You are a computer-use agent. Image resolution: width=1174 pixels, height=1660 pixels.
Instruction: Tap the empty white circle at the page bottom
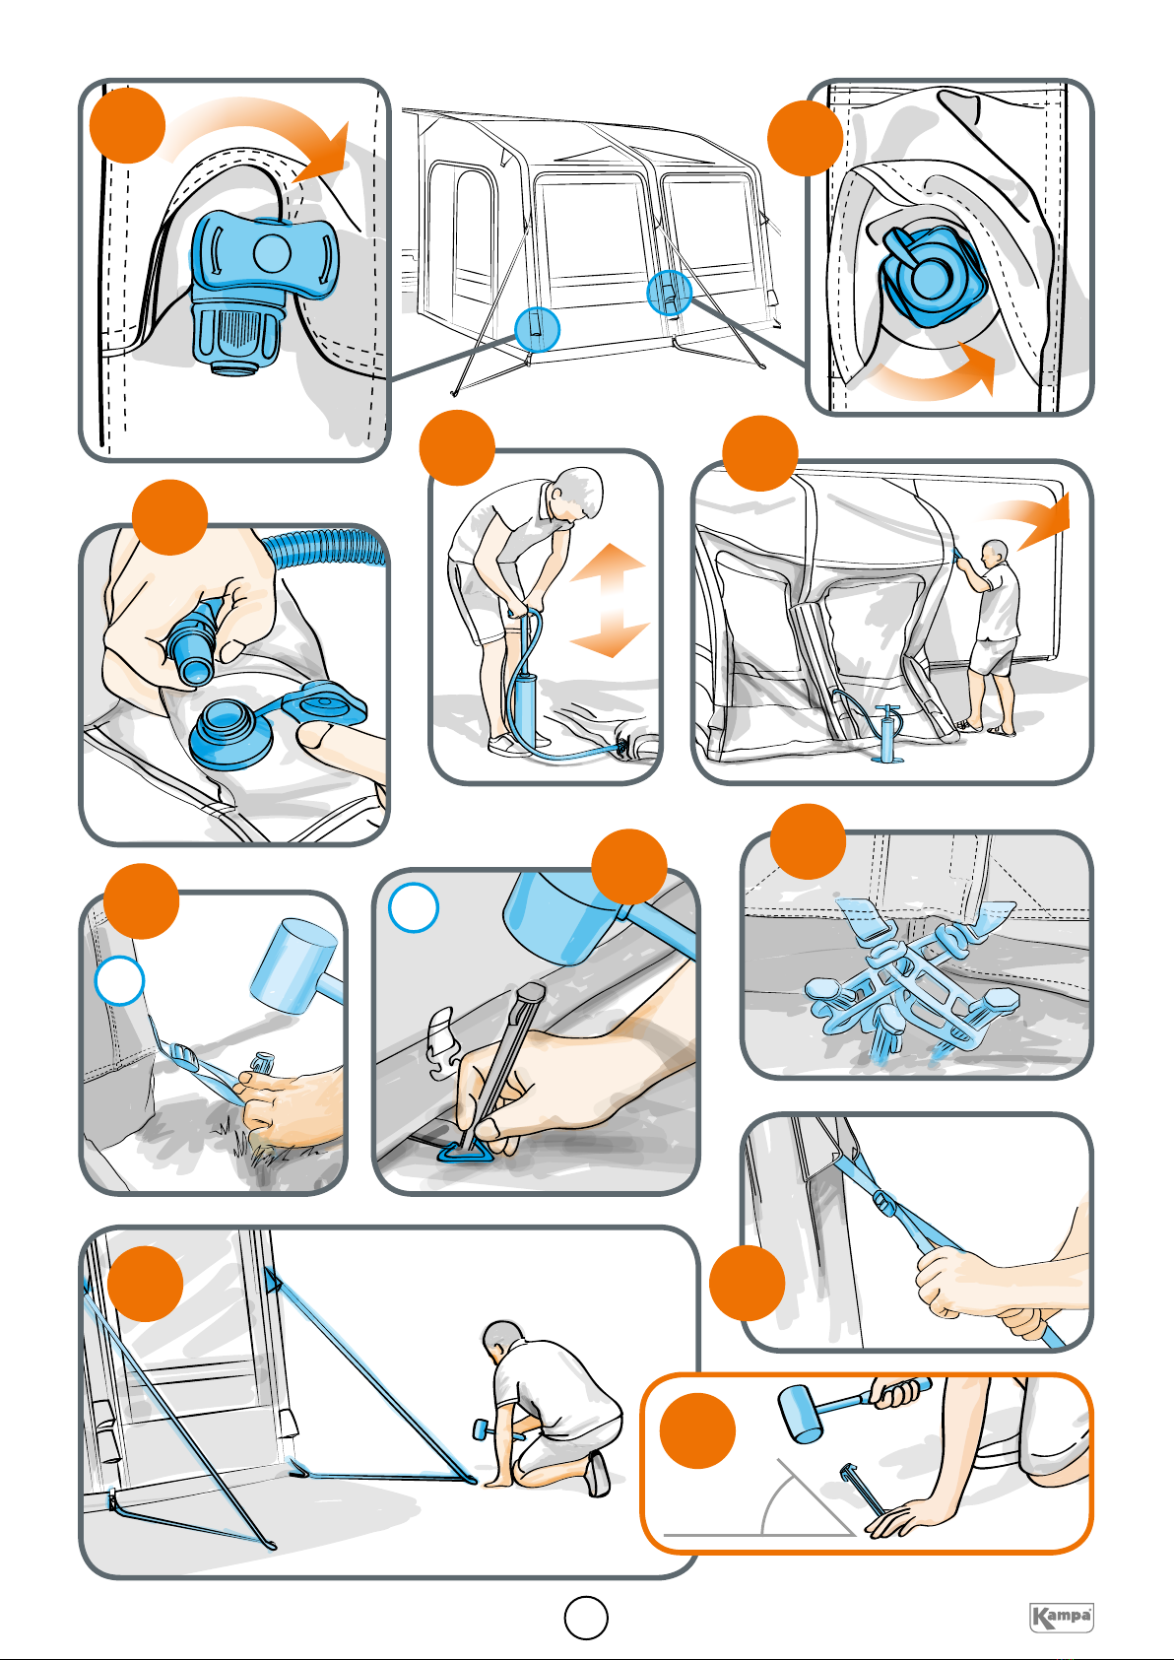[586, 1617]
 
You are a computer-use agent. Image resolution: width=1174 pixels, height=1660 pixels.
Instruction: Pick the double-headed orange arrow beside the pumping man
[610, 600]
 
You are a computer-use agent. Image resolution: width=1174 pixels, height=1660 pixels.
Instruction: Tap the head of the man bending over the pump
[580, 492]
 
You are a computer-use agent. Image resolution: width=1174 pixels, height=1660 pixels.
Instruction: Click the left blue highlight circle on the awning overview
[537, 329]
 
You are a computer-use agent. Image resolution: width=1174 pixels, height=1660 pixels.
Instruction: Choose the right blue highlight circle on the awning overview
[669, 293]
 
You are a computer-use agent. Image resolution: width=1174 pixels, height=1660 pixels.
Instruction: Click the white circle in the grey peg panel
[414, 907]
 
